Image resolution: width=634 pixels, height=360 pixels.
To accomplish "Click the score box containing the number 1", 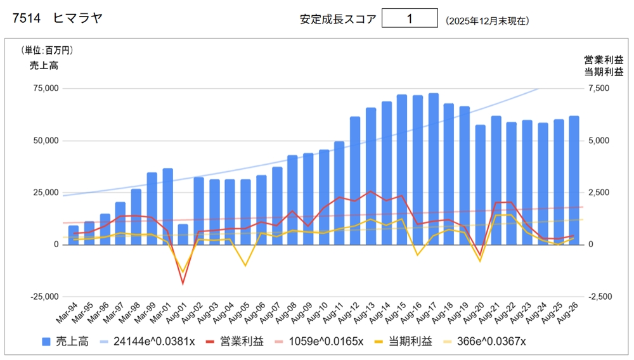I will click(410, 18).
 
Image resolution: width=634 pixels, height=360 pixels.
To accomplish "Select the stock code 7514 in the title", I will click(25, 19).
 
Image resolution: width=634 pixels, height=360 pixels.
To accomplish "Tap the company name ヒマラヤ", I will click(77, 19).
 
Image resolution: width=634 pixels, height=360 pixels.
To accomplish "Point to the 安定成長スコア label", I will click(338, 19).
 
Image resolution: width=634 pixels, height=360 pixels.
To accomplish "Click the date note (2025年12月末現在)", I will click(488, 20).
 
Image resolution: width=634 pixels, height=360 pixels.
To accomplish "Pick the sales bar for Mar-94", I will click(74, 235).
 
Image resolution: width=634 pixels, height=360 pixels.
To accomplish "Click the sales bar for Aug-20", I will click(481, 184).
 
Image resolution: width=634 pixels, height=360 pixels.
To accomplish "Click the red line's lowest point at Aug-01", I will click(183, 284).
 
